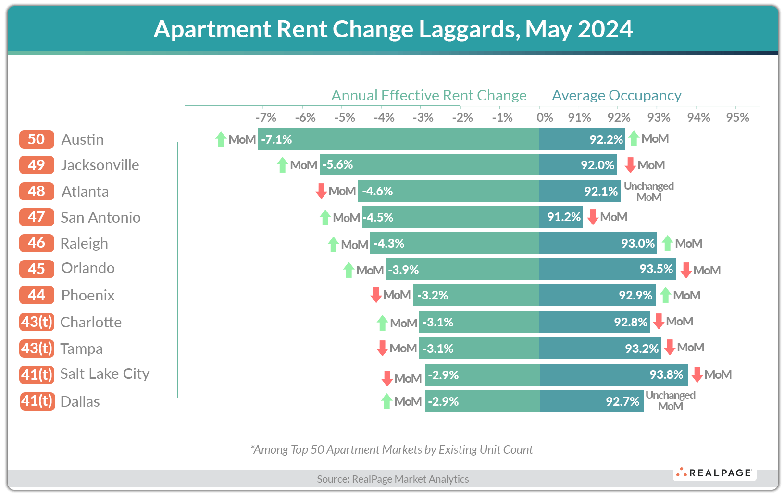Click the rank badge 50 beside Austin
tap(37, 139)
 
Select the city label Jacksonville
tap(100, 165)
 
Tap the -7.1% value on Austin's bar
tap(276, 139)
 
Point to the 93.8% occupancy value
tap(666, 374)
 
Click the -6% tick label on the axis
tap(305, 118)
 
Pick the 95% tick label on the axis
tap(737, 118)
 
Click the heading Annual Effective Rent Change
tap(429, 95)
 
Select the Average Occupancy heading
tap(616, 95)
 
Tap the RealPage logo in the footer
tap(714, 473)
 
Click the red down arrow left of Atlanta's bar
tap(321, 191)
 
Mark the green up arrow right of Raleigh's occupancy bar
tap(667, 243)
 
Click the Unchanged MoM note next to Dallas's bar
tap(670, 400)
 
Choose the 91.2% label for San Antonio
tap(564, 217)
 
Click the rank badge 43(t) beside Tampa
tap(37, 348)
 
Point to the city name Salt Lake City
tap(105, 374)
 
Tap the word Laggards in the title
tap(469, 29)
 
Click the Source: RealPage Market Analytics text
tap(393, 479)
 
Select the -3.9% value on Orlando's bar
tap(403, 270)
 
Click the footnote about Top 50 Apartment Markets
tap(392, 449)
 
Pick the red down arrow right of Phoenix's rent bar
tap(376, 295)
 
